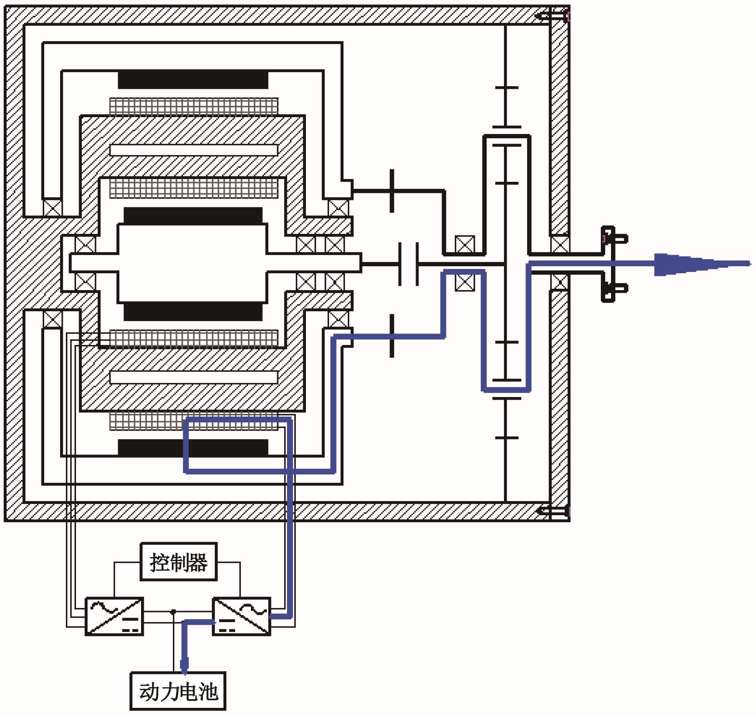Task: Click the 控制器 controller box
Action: tap(179, 562)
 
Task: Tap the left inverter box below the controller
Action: tap(114, 616)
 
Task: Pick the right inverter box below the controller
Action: tap(241, 616)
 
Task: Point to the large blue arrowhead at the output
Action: tap(676, 264)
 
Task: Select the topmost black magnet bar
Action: tap(193, 80)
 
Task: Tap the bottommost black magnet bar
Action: tap(193, 447)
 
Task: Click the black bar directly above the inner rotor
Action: tap(193, 216)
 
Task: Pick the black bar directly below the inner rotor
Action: tap(193, 311)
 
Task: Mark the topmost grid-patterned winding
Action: tap(194, 106)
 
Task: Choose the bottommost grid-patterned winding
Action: tap(194, 421)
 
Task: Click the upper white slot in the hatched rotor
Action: tap(194, 150)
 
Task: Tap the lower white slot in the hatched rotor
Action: tap(194, 377)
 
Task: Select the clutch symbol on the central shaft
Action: tap(409, 264)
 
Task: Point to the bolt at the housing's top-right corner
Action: tap(553, 17)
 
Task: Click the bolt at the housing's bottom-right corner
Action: tap(553, 511)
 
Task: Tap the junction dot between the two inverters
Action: tap(173, 612)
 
